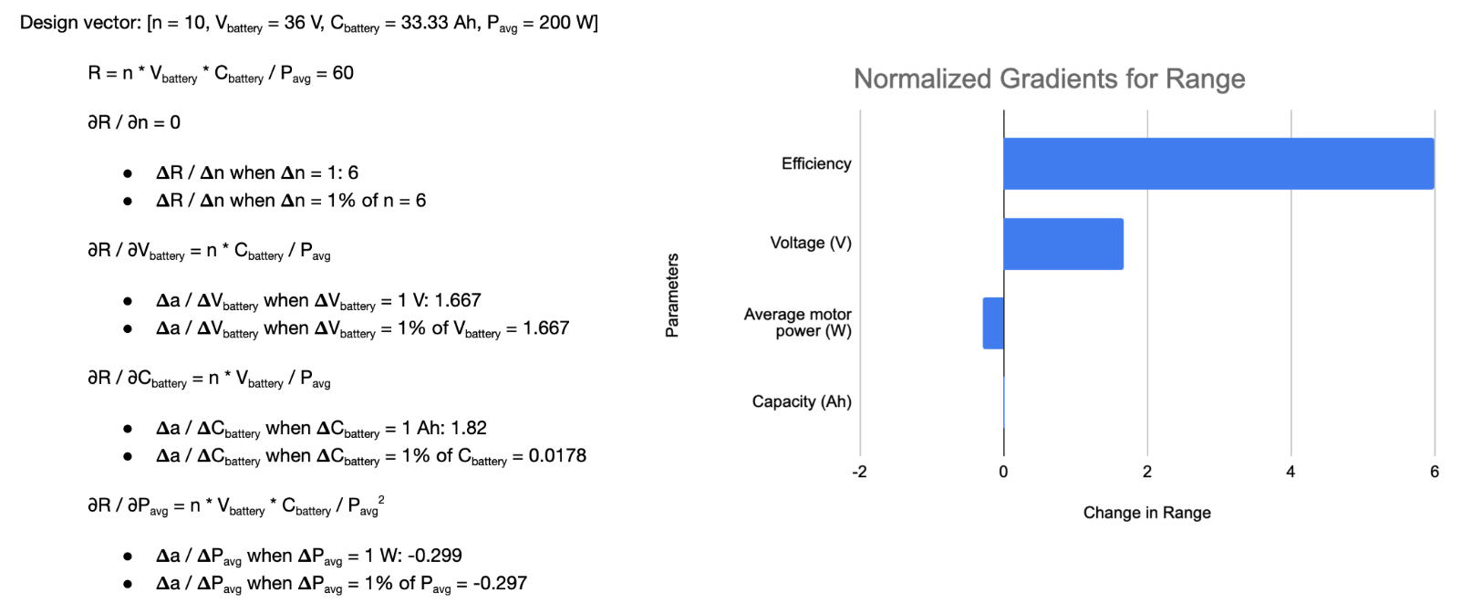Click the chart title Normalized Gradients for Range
(x=1049, y=79)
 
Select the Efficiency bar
(x=1218, y=163)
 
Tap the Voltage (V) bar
(x=1063, y=244)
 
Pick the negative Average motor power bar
(x=993, y=323)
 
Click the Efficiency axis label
(x=816, y=164)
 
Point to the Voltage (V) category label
(x=811, y=244)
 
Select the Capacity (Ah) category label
(x=802, y=402)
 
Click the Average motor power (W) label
(x=798, y=323)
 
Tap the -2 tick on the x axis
(x=859, y=472)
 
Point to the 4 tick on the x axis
(x=1291, y=472)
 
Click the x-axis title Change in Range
(x=1146, y=513)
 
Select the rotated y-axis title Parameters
(x=672, y=296)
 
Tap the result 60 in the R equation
(x=343, y=73)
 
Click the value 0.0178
(x=557, y=455)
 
